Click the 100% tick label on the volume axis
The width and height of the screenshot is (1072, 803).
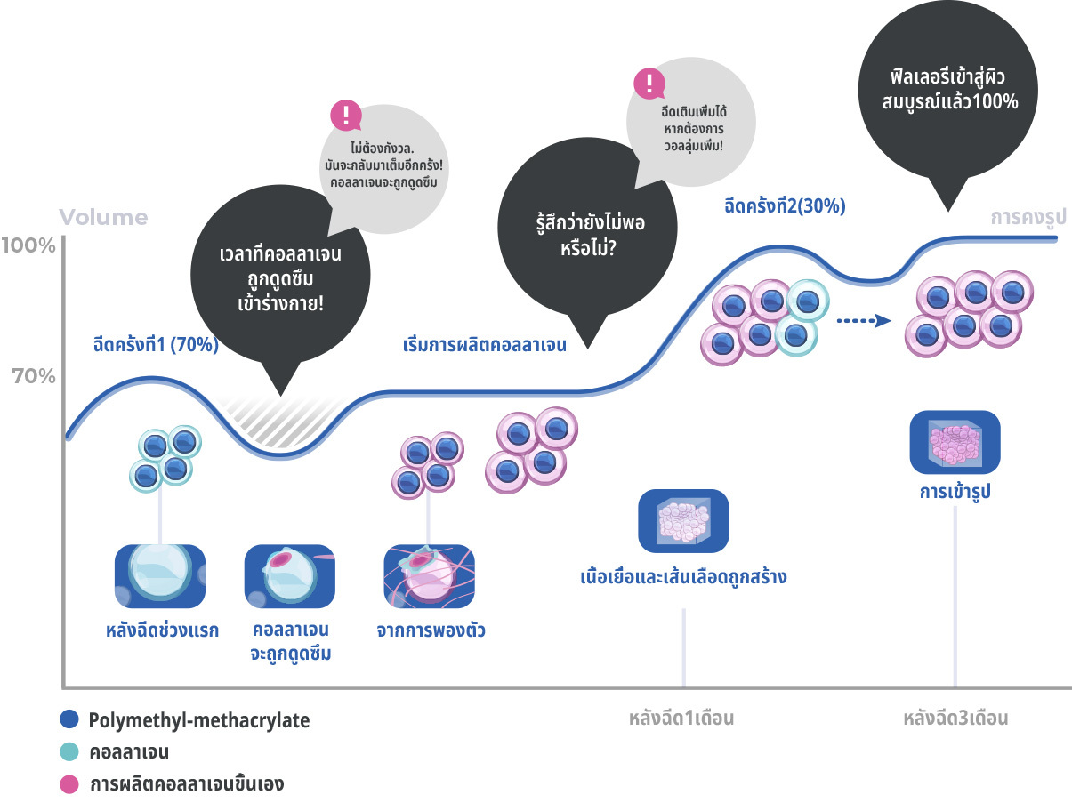coord(28,245)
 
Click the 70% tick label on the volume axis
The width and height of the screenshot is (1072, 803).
coord(34,376)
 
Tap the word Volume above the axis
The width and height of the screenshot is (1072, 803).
coord(104,218)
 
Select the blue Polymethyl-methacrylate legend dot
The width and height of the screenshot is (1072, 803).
coord(70,720)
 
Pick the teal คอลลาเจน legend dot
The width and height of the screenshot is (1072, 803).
coord(70,752)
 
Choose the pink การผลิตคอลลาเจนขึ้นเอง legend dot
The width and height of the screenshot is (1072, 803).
coord(70,784)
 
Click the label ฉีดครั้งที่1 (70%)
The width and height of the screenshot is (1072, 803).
coord(156,345)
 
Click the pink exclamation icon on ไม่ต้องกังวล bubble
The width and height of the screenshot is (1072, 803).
coord(346,116)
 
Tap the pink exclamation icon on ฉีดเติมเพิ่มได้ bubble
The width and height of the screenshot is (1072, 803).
coord(649,84)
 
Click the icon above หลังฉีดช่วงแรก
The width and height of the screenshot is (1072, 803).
coord(160,576)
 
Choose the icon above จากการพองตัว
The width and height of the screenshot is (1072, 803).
coord(429,576)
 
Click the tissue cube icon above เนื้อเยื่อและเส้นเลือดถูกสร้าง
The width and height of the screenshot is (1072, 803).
coord(683,520)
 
